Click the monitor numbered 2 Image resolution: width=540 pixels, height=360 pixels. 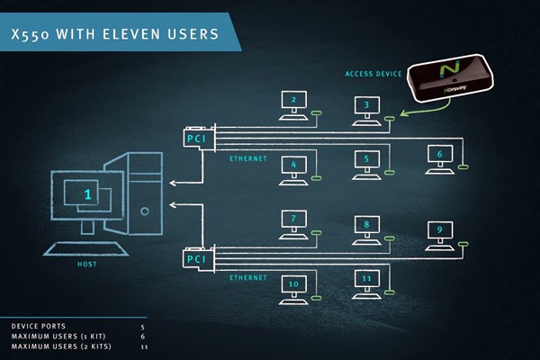pyautogui.click(x=293, y=100)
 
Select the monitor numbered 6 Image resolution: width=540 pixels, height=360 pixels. pyautogui.click(x=440, y=154)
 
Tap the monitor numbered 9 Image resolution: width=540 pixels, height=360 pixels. pyautogui.click(x=440, y=230)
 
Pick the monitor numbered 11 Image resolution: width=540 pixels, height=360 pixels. pyautogui.click(x=366, y=279)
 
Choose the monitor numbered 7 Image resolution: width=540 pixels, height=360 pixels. pyautogui.click(x=293, y=219)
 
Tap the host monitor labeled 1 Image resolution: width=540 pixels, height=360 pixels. pyautogui.click(x=87, y=193)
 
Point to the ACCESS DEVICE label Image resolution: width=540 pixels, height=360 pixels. pyautogui.click(x=372, y=74)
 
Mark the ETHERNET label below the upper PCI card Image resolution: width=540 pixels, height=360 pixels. pyautogui.click(x=247, y=159)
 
